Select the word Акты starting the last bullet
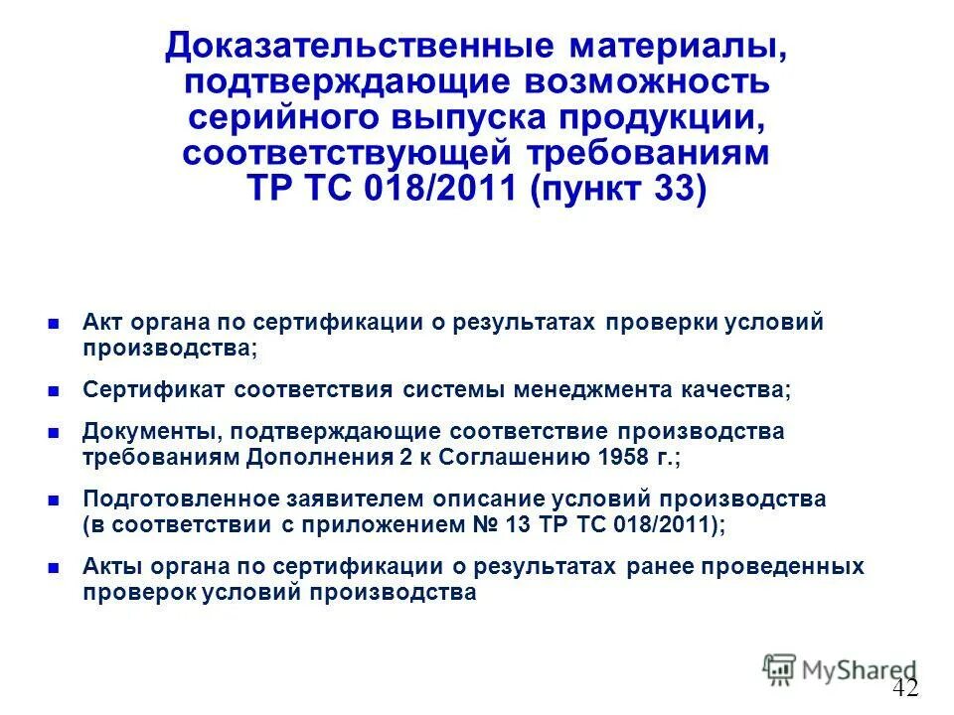pos(109,566)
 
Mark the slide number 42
pos(904,687)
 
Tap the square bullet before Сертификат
pos(54,390)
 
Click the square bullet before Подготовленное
pos(54,500)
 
